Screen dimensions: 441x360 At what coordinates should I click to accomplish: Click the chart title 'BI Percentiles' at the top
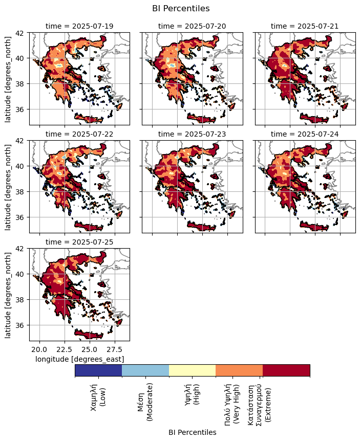click(181, 8)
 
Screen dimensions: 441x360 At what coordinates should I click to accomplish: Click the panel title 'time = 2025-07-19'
click(79, 26)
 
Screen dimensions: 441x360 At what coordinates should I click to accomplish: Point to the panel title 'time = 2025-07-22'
click(79, 134)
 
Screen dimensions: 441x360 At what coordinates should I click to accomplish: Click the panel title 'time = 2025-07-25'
click(79, 241)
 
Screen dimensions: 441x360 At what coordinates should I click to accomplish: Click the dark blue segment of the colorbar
click(98, 370)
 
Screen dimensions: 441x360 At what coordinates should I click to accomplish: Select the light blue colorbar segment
click(145, 370)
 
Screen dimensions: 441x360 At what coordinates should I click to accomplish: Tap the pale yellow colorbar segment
click(192, 370)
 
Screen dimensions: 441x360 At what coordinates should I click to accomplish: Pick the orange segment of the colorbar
click(239, 370)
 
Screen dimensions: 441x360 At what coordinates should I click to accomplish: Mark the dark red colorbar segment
click(286, 370)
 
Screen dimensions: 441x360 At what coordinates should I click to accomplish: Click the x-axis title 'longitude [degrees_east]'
click(79, 359)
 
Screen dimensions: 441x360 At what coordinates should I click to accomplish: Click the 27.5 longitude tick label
click(115, 349)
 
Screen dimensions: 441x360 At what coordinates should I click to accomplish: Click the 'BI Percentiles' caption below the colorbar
click(192, 432)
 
